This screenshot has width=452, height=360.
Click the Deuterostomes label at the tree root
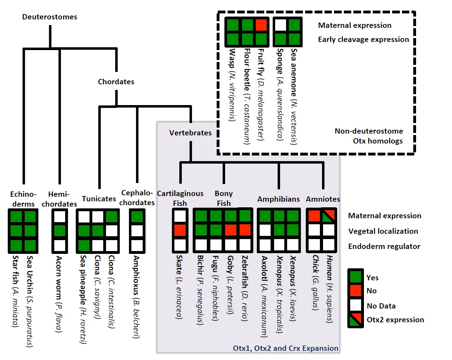(x=50, y=17)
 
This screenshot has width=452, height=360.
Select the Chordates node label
(x=116, y=82)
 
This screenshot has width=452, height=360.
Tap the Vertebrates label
(x=190, y=133)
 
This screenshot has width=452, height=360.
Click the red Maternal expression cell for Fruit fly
(x=261, y=25)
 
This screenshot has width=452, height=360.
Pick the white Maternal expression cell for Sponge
(x=280, y=25)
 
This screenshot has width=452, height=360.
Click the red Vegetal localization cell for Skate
(x=180, y=230)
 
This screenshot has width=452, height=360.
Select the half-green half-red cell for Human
(x=329, y=215)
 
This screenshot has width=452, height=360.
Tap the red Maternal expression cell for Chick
(x=314, y=215)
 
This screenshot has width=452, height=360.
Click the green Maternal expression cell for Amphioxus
(x=137, y=216)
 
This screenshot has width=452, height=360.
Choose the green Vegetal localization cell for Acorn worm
(x=60, y=231)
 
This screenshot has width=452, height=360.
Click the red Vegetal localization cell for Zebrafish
(x=245, y=230)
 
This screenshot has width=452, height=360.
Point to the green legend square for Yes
(x=355, y=277)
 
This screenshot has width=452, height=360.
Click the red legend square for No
(x=355, y=291)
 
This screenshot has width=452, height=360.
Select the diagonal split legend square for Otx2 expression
(x=355, y=320)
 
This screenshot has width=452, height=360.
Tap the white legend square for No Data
(x=355, y=305)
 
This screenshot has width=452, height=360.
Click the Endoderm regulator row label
(x=384, y=246)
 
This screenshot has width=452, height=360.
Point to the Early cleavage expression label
(x=363, y=39)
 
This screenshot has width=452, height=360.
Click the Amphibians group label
(x=278, y=199)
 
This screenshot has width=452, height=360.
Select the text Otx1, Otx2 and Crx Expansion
(x=285, y=348)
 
